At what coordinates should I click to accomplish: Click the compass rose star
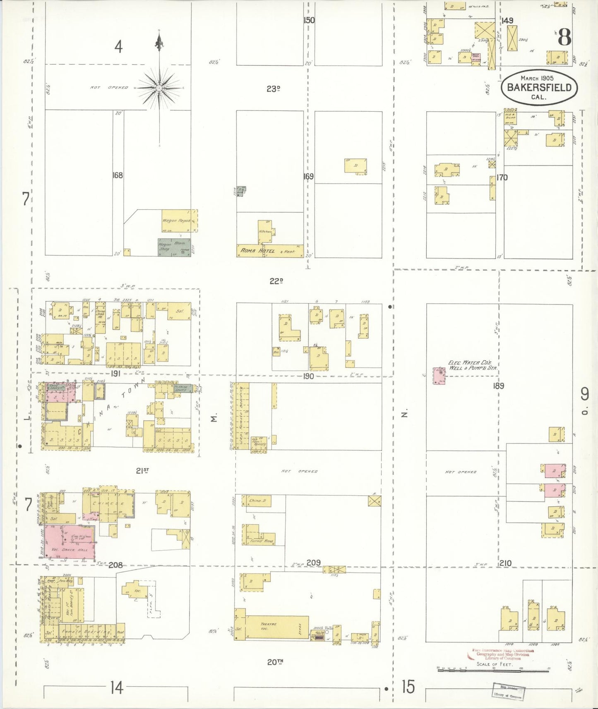coord(159,88)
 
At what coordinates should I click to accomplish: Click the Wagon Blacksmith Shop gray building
coord(174,247)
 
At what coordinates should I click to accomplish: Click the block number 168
coord(118,175)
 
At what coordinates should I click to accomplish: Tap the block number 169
coord(308,177)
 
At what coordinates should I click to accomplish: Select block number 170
coord(502,178)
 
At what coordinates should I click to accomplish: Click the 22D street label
coord(276,281)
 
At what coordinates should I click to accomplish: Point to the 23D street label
coord(273,89)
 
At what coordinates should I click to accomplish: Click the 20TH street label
coord(275,662)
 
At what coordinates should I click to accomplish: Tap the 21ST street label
coord(142,470)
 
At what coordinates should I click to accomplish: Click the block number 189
coord(498,386)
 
